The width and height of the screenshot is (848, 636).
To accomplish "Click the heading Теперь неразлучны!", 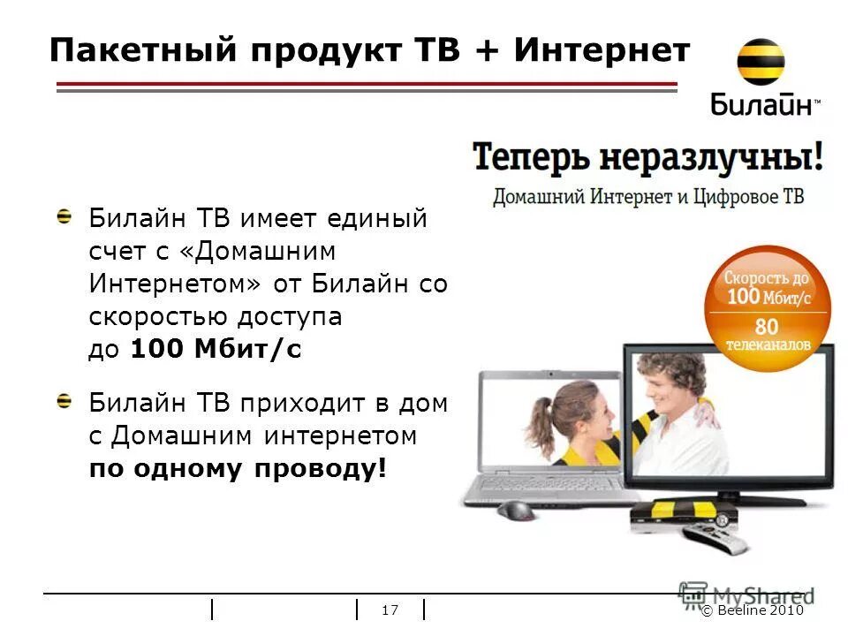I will click(x=647, y=159).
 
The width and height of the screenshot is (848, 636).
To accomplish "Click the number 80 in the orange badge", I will click(x=766, y=326).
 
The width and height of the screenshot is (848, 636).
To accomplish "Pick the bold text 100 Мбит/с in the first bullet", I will click(x=216, y=349).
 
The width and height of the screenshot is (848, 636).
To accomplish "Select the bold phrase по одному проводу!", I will click(x=238, y=468).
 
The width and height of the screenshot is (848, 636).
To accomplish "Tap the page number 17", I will click(x=390, y=610).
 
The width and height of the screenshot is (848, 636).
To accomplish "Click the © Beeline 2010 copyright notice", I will click(x=753, y=611).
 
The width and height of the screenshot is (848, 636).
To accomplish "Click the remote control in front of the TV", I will click(x=716, y=535).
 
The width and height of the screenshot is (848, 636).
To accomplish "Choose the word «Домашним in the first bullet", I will click(x=255, y=251).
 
